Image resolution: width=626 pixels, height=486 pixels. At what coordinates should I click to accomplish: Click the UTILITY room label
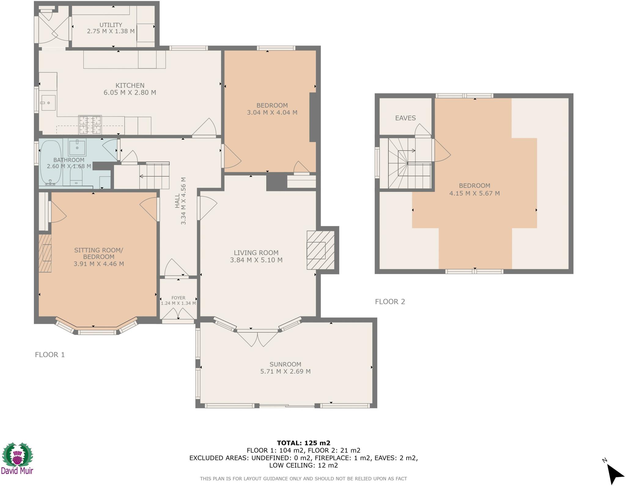click(111, 25)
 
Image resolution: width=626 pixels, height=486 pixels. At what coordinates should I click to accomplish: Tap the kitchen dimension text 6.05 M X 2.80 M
click(130, 93)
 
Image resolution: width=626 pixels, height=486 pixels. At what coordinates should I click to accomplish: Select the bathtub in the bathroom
click(50, 162)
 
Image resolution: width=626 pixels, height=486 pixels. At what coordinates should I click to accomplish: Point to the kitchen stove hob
click(90, 125)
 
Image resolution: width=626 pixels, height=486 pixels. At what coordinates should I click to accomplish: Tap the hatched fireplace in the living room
click(320, 250)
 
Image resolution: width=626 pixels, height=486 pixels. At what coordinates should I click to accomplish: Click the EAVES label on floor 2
click(405, 118)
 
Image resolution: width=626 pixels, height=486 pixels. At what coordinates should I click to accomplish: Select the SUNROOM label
click(285, 364)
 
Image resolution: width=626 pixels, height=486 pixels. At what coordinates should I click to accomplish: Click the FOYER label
click(178, 298)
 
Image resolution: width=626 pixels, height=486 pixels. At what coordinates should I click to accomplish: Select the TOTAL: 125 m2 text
click(304, 443)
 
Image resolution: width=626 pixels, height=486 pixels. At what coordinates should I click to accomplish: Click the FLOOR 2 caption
click(390, 302)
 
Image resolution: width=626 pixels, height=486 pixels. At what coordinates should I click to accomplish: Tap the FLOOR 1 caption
click(50, 355)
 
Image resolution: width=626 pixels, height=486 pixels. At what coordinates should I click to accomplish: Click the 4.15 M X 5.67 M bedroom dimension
click(474, 193)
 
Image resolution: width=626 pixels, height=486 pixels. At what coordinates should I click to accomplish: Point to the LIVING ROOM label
click(256, 253)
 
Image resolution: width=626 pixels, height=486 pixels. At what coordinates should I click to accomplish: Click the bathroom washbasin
click(77, 148)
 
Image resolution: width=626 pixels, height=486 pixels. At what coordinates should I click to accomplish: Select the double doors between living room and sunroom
click(258, 339)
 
